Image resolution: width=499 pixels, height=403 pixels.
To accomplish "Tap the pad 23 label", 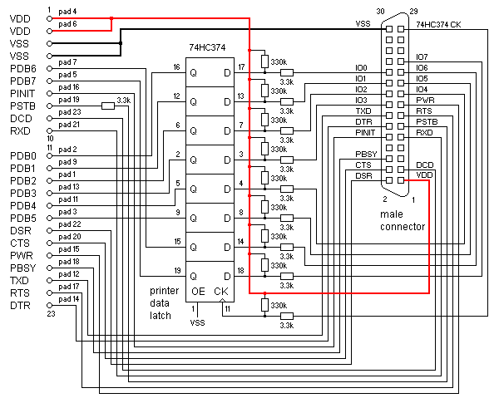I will [x=71, y=111].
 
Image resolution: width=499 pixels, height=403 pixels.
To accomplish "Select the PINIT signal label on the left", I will [x=22, y=93].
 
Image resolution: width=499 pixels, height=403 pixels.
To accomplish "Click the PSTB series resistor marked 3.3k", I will [x=108, y=105].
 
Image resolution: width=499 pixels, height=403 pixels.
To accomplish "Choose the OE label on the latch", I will [x=198, y=292].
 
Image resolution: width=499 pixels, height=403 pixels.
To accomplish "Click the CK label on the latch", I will [x=220, y=292].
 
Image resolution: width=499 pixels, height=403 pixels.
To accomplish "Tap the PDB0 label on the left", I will [x=22, y=155].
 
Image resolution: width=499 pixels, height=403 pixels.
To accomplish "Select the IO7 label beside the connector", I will [x=422, y=57].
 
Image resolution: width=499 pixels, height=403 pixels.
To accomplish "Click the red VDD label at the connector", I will [x=424, y=175].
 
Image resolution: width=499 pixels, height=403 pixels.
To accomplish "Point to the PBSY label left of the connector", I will [x=367, y=154].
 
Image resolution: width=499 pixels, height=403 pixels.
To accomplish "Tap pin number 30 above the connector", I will [x=381, y=11].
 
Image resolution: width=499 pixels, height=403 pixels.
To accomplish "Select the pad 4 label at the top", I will [x=68, y=12].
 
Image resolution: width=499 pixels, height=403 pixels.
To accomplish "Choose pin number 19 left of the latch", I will [x=176, y=271].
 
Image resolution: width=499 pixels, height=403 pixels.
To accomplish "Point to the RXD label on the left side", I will [x=19, y=130].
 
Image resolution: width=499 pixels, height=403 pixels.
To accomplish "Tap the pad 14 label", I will [x=71, y=298].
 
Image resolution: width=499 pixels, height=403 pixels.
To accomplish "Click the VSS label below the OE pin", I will [x=198, y=322].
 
